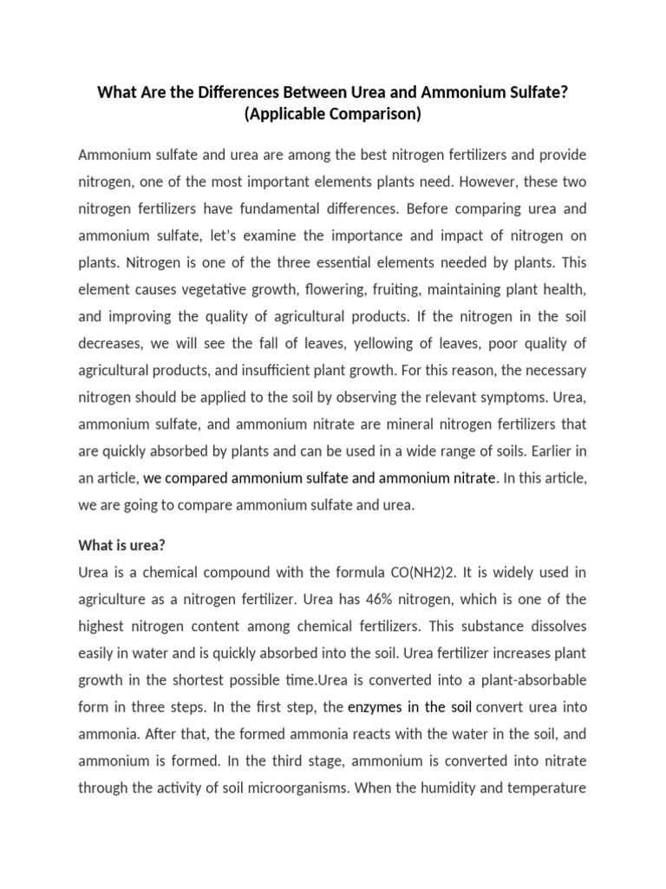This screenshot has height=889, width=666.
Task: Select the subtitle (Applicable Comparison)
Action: tap(333, 114)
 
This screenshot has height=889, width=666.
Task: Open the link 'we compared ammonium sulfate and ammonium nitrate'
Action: tap(320, 477)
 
